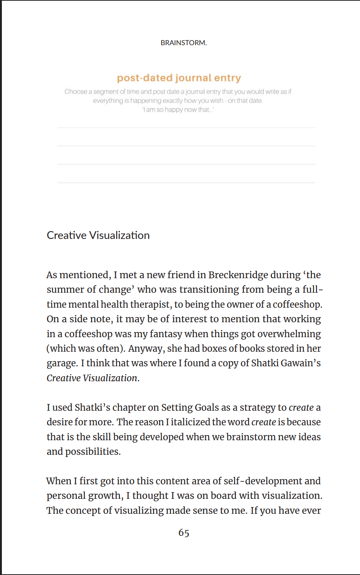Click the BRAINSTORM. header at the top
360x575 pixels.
point(183,43)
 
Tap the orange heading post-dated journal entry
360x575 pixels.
point(179,78)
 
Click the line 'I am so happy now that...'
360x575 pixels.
point(178,109)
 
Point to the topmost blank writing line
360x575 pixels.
point(186,128)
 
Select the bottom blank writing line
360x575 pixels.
point(186,182)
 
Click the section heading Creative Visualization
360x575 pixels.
point(98,235)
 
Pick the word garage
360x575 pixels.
point(62,363)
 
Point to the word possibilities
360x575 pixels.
point(93,451)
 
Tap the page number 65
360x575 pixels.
point(184,533)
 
